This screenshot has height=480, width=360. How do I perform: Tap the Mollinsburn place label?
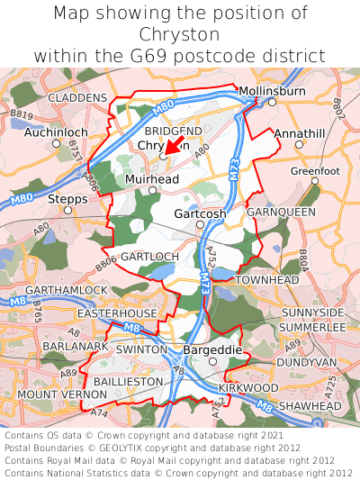(272, 91)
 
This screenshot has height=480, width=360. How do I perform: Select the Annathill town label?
(300, 132)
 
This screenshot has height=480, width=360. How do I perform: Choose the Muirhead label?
(152, 180)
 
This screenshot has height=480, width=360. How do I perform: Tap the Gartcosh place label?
(200, 213)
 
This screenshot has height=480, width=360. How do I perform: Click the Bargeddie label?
(212, 349)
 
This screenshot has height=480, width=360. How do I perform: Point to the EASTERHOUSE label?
(117, 312)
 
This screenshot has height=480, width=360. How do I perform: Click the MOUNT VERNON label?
(56, 394)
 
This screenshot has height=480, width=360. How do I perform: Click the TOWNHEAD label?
(266, 281)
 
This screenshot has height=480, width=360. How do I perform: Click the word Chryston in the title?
(179, 34)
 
